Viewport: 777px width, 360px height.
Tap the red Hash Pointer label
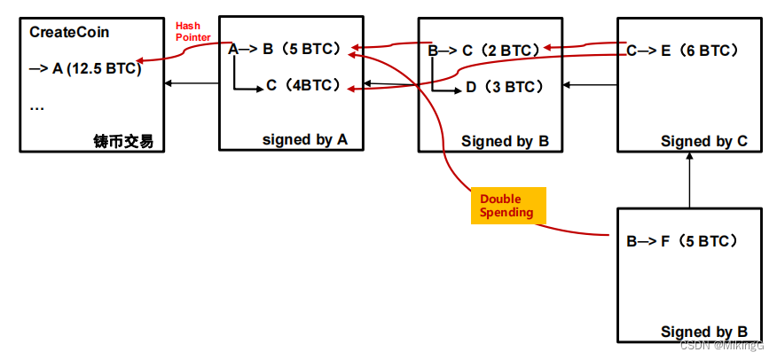coord(193,32)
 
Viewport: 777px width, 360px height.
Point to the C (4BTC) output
coord(303,87)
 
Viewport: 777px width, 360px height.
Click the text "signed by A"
coord(304,139)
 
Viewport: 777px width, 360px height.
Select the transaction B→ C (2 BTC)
coord(483,51)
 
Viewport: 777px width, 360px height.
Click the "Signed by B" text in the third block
coord(505,141)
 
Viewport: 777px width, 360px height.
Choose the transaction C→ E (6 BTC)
coord(682,51)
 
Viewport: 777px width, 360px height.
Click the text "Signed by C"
coord(704,141)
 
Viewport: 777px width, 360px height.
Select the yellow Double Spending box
coord(506,206)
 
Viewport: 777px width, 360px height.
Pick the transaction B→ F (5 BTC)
coord(682,240)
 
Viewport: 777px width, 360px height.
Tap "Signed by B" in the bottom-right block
coord(704,332)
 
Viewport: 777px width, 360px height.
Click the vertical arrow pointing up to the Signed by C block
coord(689,181)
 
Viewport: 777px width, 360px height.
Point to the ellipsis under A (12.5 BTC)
coord(37,106)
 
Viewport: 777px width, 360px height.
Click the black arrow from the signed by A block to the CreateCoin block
coord(192,84)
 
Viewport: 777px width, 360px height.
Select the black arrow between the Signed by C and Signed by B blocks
coord(591,85)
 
